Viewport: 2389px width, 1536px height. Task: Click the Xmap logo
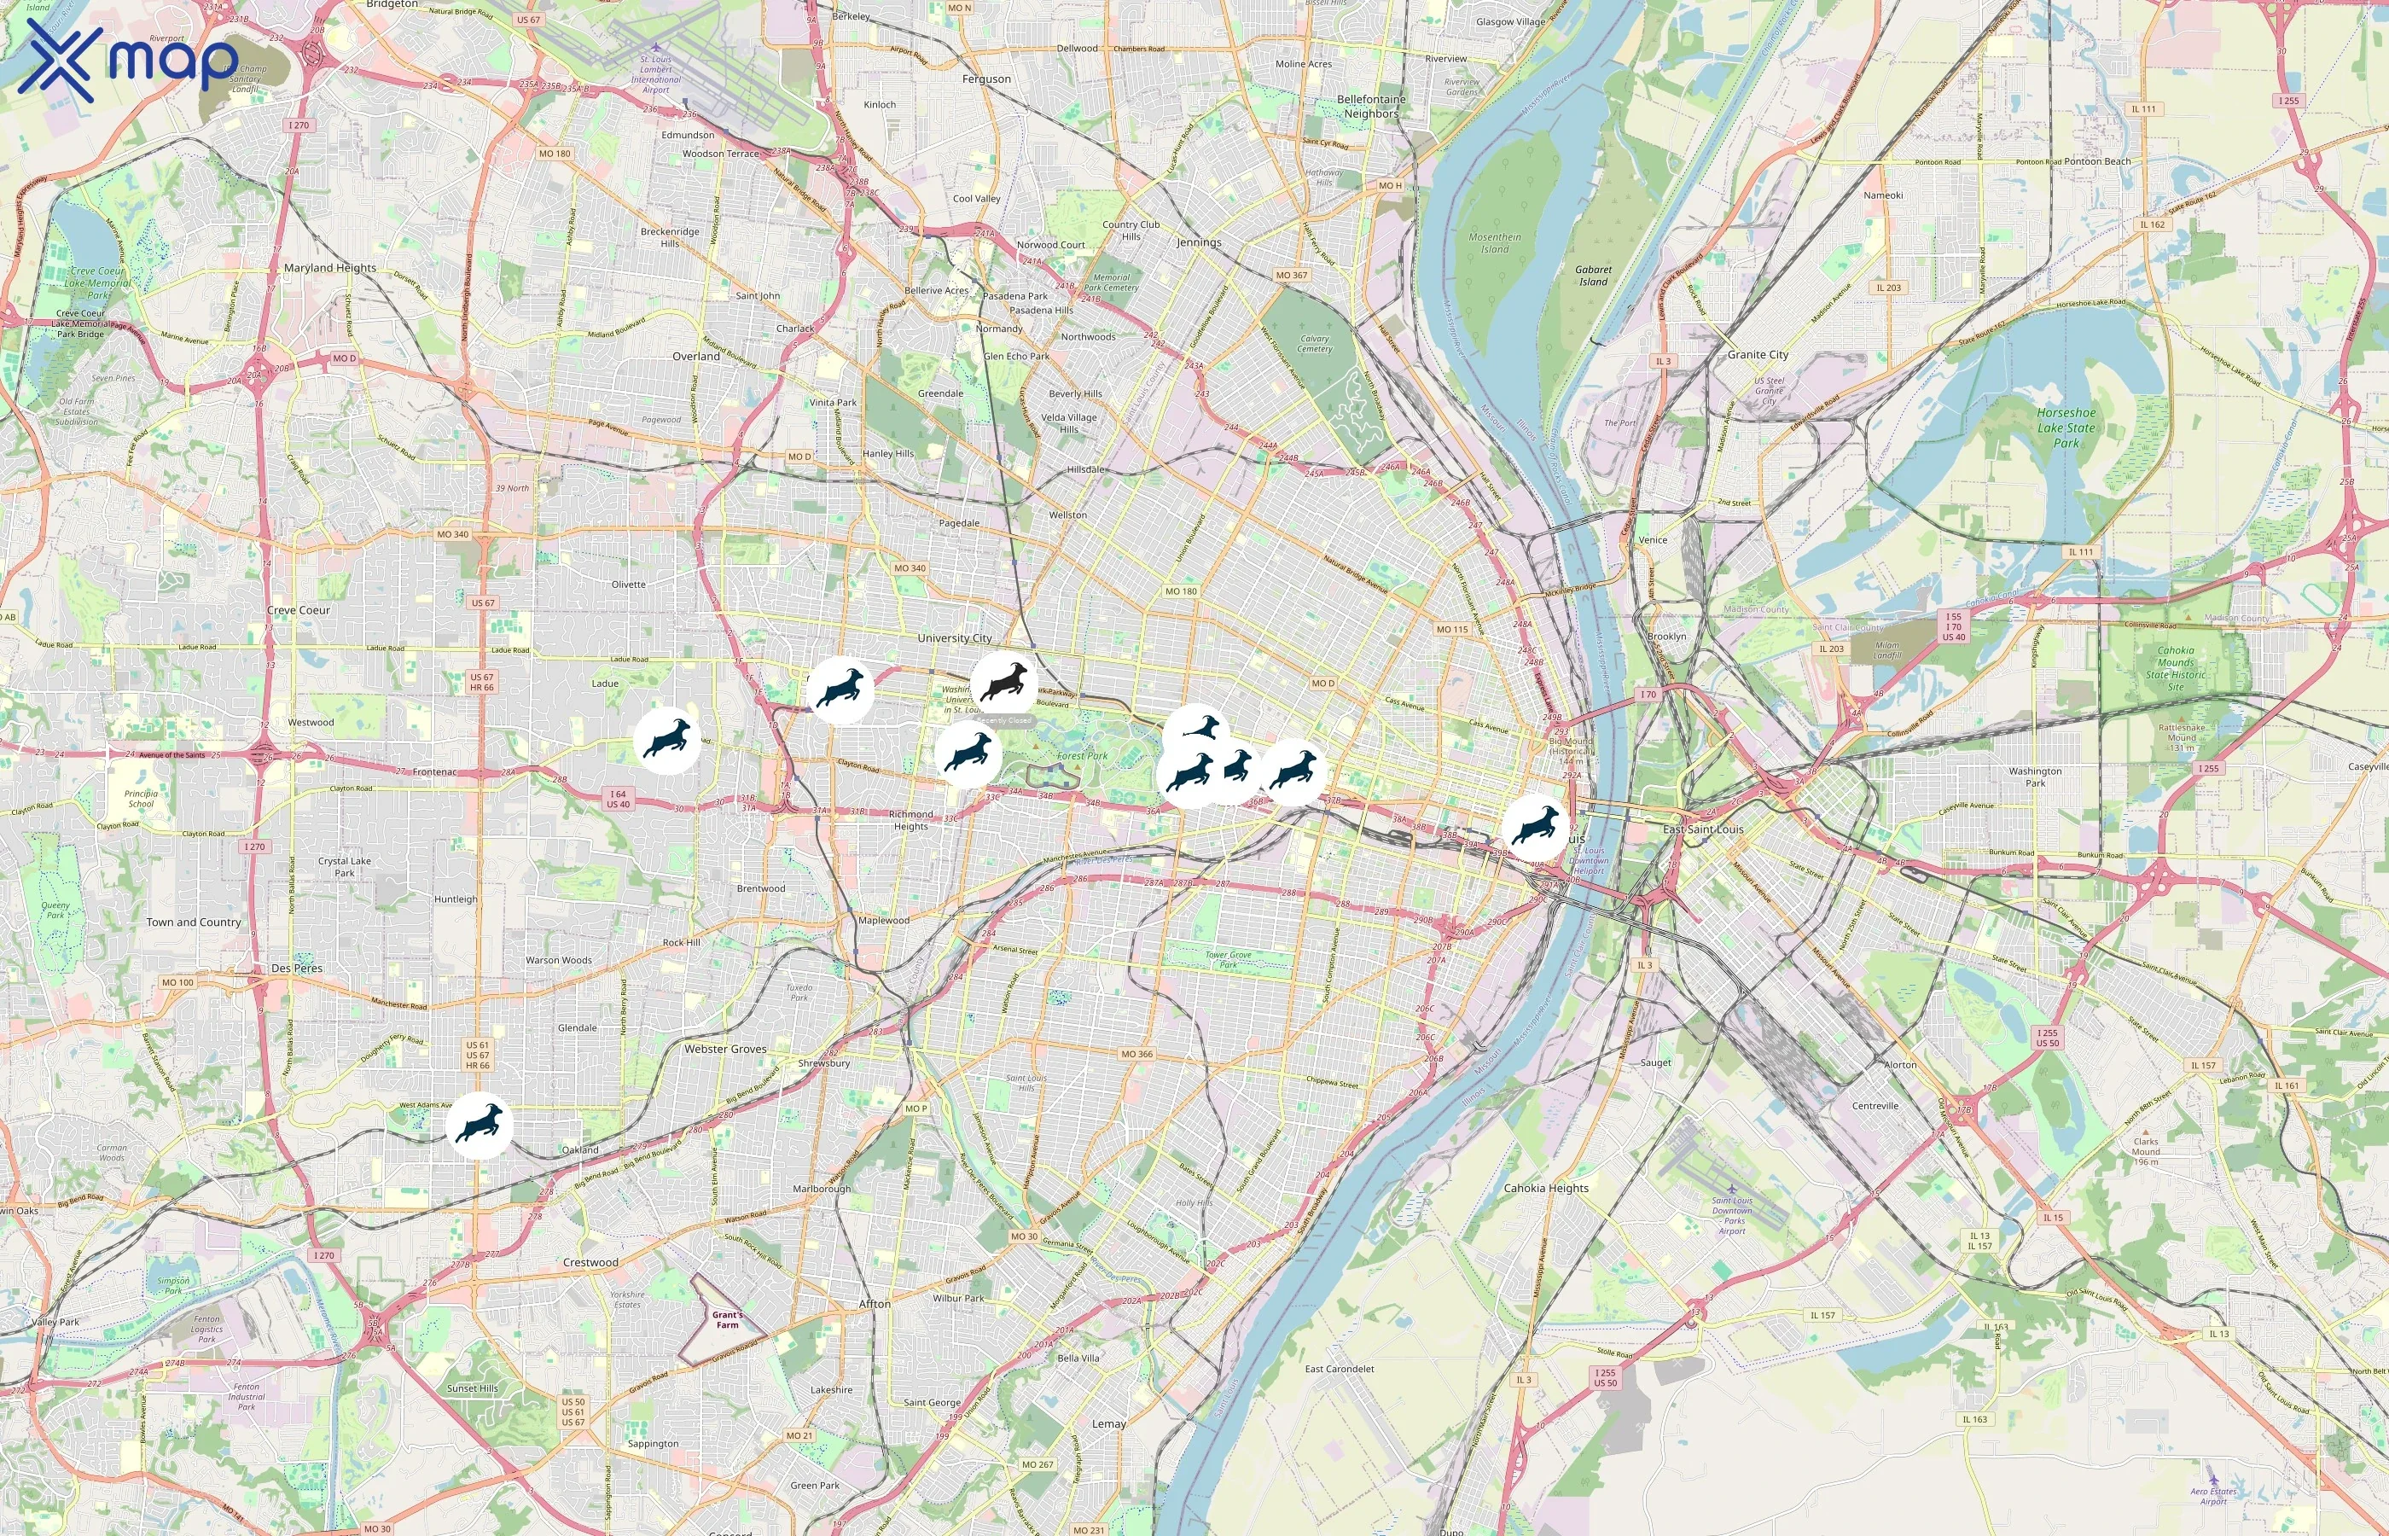[128, 60]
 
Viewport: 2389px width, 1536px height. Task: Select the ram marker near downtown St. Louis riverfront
[1536, 828]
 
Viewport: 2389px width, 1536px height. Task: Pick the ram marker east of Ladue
[667, 740]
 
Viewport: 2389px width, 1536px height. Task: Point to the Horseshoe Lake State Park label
[2065, 428]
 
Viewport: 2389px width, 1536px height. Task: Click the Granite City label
[1758, 355]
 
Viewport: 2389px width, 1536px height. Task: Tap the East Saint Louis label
[1703, 829]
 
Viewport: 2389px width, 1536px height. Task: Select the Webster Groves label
[725, 1050]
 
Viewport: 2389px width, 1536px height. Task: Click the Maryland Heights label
[330, 268]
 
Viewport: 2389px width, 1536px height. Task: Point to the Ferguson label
[986, 79]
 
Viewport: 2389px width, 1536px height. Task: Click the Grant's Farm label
[727, 1319]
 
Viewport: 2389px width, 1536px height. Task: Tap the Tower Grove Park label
[1228, 959]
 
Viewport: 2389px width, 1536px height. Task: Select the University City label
[954, 638]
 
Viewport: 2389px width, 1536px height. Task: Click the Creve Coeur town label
[298, 610]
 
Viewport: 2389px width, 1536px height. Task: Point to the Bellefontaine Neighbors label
[1371, 107]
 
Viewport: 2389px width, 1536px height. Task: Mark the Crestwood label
[590, 1263]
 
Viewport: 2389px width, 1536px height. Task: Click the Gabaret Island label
[1593, 276]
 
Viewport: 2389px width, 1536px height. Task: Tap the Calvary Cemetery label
[1314, 344]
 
